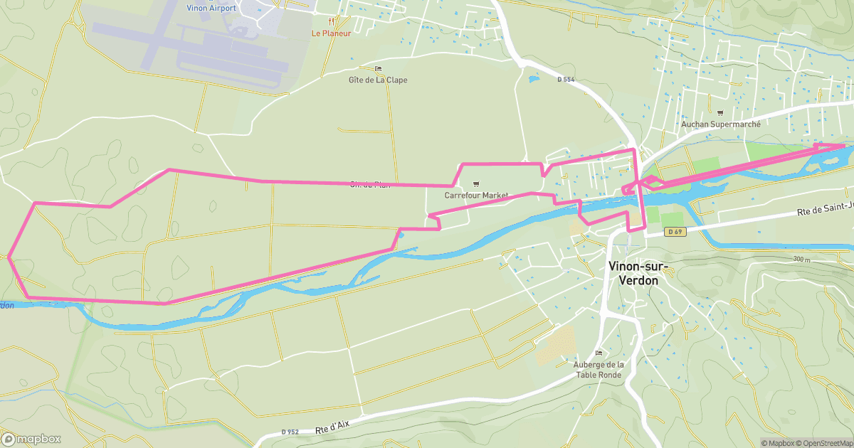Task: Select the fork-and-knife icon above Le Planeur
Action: pos(330,21)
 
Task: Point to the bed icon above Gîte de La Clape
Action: pos(378,69)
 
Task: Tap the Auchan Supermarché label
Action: pos(720,124)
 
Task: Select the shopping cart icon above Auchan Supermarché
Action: pos(720,112)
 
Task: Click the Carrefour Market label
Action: pos(476,195)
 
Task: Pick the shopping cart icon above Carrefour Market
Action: pos(476,184)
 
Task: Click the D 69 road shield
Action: pos(675,232)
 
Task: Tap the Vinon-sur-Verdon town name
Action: pos(633,273)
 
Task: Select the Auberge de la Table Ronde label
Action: pos(599,370)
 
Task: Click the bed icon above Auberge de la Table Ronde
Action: pos(599,353)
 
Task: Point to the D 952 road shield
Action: pos(290,432)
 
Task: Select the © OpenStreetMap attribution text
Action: pos(823,443)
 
